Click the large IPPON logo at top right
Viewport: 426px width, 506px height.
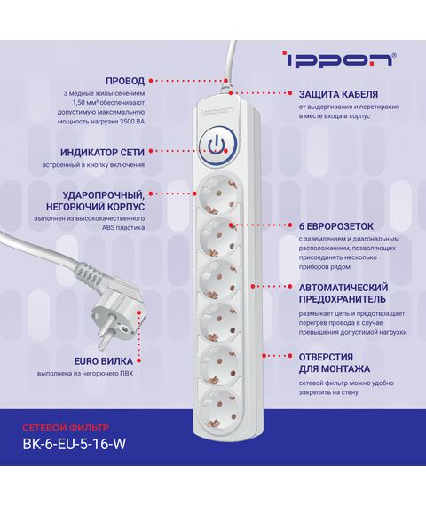[x=339, y=59]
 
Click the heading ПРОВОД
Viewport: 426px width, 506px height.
[x=125, y=81]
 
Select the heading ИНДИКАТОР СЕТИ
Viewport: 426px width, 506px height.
[x=102, y=152]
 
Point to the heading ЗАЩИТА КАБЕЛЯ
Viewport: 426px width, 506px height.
[x=338, y=94]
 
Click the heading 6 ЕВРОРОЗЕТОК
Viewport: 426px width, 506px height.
[x=336, y=226]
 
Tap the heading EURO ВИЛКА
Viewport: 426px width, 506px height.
[x=104, y=361]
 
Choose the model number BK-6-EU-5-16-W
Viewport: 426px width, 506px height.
[x=74, y=444]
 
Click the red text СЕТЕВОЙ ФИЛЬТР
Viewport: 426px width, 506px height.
[x=66, y=428]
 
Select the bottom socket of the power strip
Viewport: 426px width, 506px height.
[x=219, y=408]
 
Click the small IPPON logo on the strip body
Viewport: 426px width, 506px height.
[x=217, y=110]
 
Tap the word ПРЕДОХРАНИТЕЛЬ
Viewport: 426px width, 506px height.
[x=342, y=299]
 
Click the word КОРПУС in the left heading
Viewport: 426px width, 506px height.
[x=126, y=207]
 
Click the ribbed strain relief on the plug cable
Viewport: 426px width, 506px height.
[x=90, y=271]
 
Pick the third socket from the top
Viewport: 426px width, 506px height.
[x=219, y=281]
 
